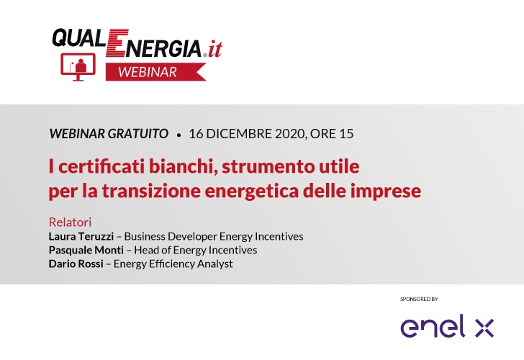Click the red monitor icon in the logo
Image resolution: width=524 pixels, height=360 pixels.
[78, 67]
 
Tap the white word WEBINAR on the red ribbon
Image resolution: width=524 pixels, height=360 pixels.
[148, 72]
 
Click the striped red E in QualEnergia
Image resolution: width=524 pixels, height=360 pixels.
[117, 42]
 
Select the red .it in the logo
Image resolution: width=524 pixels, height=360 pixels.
[213, 50]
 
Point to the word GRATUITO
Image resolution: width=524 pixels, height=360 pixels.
[138, 134]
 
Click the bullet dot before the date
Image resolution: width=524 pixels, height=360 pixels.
[179, 135]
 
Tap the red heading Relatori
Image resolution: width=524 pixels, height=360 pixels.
[71, 222]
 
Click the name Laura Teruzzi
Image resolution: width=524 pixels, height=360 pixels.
[81, 236]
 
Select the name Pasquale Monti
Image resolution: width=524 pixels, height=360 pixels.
[86, 250]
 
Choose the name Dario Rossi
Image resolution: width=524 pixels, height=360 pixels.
[76, 264]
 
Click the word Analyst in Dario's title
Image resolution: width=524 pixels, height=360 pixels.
[215, 264]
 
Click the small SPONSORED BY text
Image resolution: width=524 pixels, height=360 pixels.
[419, 299]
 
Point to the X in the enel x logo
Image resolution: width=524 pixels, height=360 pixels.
[484, 328]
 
